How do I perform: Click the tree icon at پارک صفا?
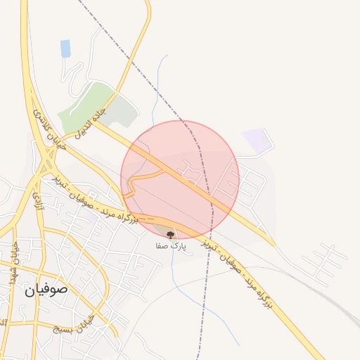(x=170, y=235)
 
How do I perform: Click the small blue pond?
(x=65, y=49)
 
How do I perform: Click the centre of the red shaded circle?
(x=180, y=180)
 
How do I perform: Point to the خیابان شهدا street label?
(x=13, y=264)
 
